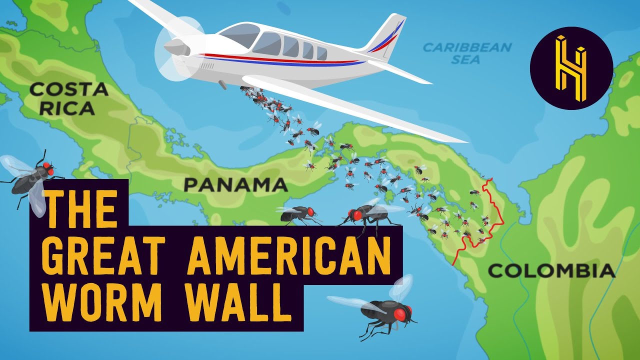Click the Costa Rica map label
68,98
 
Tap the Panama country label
235,185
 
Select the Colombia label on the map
551,271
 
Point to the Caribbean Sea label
467,53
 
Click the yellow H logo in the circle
571,68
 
